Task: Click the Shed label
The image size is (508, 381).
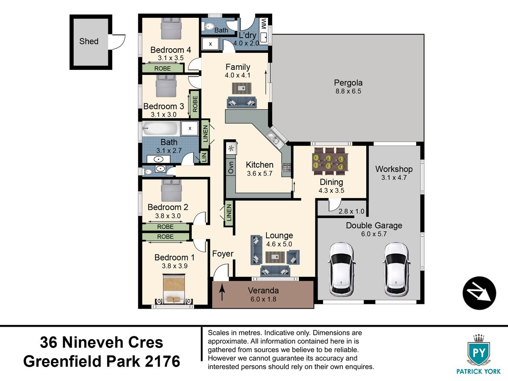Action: tap(89, 41)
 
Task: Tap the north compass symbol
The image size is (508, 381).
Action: tap(479, 293)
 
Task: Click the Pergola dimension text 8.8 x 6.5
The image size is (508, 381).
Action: tap(348, 91)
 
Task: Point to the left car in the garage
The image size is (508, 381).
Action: tap(341, 270)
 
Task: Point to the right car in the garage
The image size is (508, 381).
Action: tap(396, 270)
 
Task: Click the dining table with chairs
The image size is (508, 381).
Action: tap(330, 161)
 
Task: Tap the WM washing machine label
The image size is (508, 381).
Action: tap(263, 23)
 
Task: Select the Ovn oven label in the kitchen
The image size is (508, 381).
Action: tap(231, 167)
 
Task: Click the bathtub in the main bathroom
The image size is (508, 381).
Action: tap(160, 128)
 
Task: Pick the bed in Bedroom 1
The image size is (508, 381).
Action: tap(174, 289)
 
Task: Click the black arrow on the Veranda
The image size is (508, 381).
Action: tap(222, 293)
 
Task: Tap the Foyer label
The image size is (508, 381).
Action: tap(223, 254)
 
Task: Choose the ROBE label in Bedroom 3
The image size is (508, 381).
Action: tap(195, 104)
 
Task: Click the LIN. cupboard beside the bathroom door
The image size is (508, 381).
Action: tap(204, 157)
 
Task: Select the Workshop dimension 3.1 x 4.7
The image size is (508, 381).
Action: tap(394, 178)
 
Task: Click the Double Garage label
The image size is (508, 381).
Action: tap(374, 226)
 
